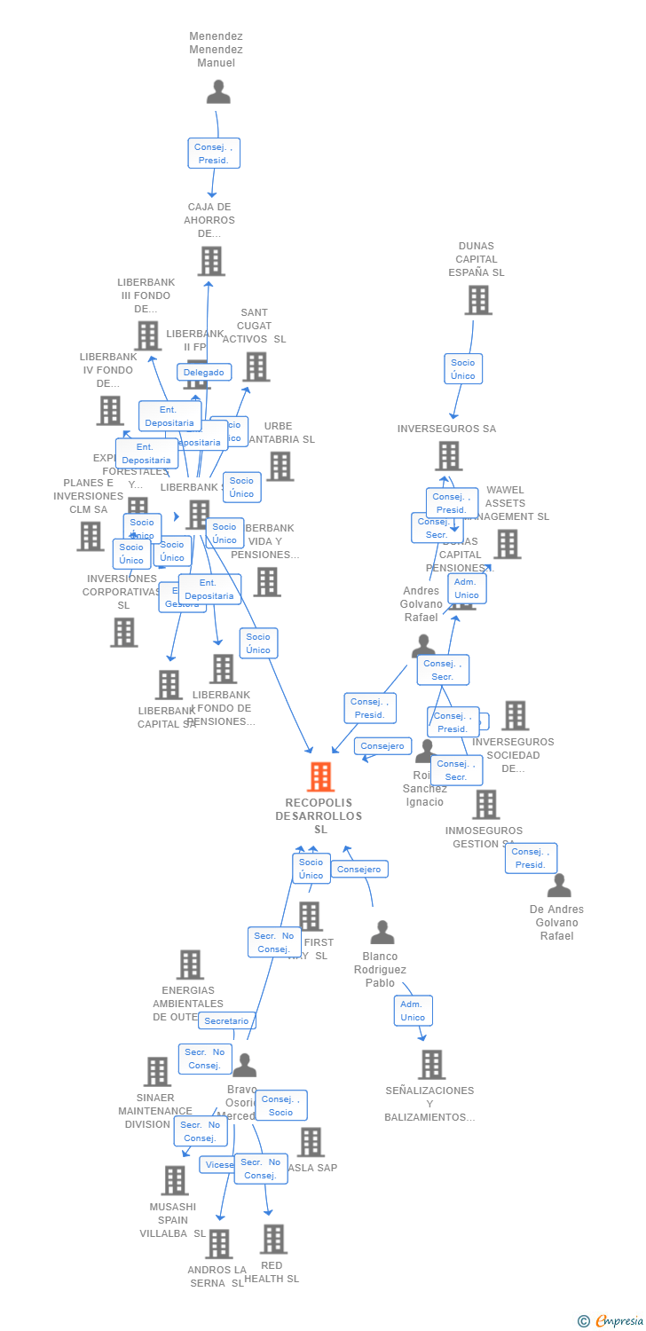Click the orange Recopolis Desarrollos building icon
pyautogui.click(x=320, y=777)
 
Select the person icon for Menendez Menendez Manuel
pyautogui.click(x=217, y=91)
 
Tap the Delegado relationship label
pyautogui.click(x=204, y=373)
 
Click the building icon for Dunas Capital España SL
pyautogui.click(x=478, y=301)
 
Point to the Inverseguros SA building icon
pyautogui.click(x=449, y=456)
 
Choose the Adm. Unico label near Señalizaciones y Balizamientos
pyautogui.click(x=413, y=1011)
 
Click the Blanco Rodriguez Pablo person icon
pyautogui.click(x=382, y=933)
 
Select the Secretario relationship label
pyautogui.click(x=226, y=1021)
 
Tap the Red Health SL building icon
pyautogui.click(x=273, y=1240)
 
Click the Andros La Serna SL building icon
pyautogui.click(x=219, y=1244)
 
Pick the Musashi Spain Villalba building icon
pyautogui.click(x=175, y=1181)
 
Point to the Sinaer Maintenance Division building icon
pyautogui.click(x=157, y=1072)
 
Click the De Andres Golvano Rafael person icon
pyautogui.click(x=559, y=886)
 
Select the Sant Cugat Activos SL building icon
pyautogui.click(x=256, y=366)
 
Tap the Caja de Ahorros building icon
pyautogui.click(x=211, y=262)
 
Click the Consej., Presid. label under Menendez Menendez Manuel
pyautogui.click(x=214, y=154)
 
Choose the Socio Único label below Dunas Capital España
pyautogui.click(x=462, y=369)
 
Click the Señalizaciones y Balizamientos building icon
pyautogui.click(x=431, y=1065)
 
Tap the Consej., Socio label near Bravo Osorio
pyautogui.click(x=280, y=1106)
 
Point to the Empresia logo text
pyautogui.click(x=618, y=1321)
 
